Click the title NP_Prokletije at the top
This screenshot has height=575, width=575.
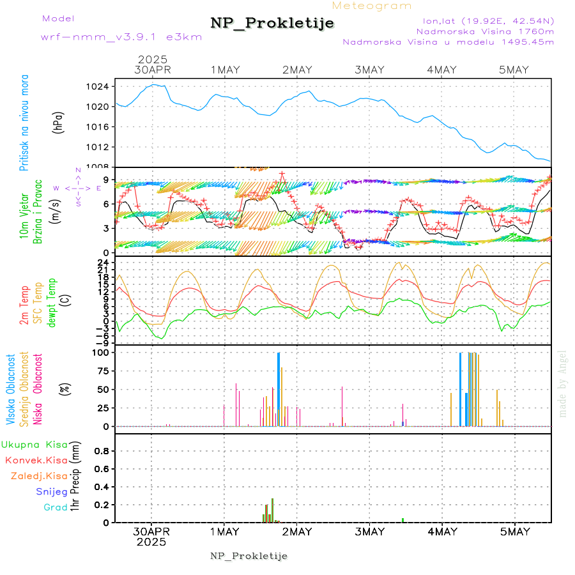tap(272, 24)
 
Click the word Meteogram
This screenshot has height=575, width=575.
tap(372, 6)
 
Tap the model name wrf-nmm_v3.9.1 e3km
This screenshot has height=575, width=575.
tap(121, 37)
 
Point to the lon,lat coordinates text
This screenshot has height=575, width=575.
tap(484, 20)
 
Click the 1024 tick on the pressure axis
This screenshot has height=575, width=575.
tap(102, 86)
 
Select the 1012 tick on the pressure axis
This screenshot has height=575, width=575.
tap(102, 147)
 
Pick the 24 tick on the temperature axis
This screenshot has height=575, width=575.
tap(103, 262)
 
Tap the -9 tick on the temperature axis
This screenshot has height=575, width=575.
tap(103, 342)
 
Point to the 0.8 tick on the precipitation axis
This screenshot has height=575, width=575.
tap(101, 450)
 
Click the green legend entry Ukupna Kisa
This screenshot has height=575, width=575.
tap(34, 445)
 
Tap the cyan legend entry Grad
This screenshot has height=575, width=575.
tap(56, 507)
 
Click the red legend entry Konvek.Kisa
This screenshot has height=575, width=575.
tap(36, 460)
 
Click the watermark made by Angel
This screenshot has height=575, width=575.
tap(563, 383)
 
